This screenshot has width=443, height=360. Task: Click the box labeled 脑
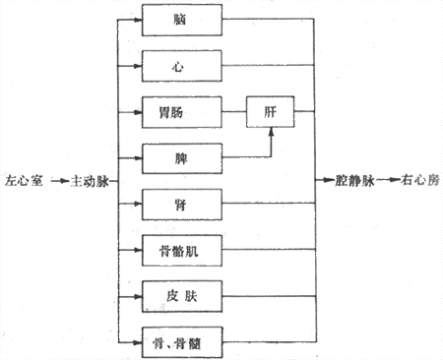point(182,20)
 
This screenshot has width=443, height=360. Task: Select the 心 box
point(182,66)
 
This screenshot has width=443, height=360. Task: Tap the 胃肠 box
point(182,113)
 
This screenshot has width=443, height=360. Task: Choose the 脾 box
point(182,157)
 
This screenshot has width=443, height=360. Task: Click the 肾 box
point(182,204)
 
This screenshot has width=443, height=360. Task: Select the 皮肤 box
point(182,295)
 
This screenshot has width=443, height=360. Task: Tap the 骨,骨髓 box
point(182,341)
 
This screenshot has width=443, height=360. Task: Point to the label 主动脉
point(88,183)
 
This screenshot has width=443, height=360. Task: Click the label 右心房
point(418,182)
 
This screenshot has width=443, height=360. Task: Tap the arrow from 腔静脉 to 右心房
point(386,182)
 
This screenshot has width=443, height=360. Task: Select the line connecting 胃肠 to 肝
point(234,113)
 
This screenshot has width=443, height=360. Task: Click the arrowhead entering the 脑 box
point(138,20)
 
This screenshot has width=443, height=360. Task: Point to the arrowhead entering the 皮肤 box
point(138,295)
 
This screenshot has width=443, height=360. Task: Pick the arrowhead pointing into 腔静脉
point(327,182)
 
